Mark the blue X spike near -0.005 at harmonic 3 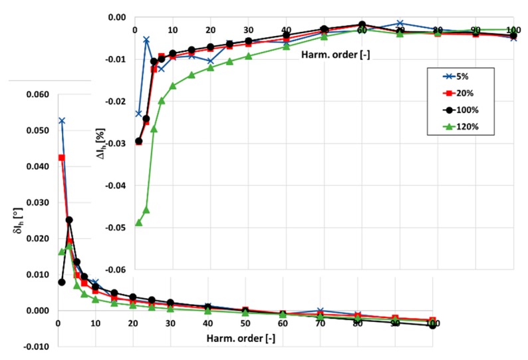click(146, 40)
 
